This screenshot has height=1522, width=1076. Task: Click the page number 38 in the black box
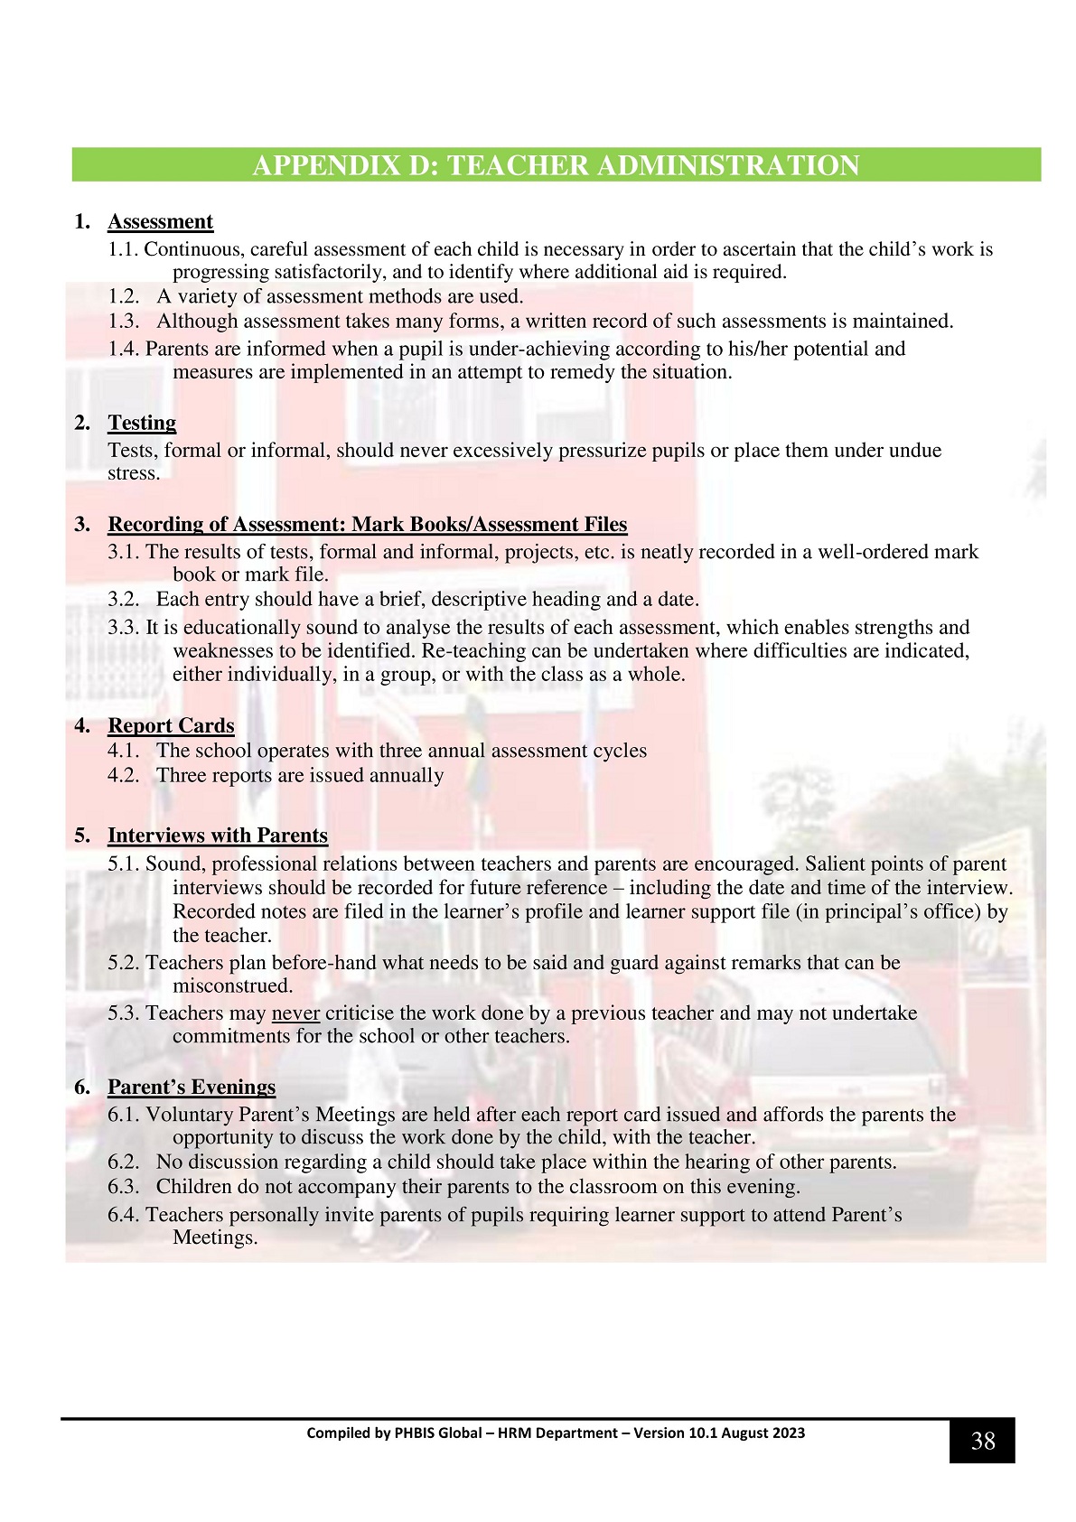[982, 1441]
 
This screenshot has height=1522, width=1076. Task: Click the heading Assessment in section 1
[160, 222]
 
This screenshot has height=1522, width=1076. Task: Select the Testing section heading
[142, 424]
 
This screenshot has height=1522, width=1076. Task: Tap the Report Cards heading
[171, 726]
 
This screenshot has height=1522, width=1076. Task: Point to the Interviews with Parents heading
[217, 836]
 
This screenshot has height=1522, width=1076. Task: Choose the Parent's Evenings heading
[192, 1088]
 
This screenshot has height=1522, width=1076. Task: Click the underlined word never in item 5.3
[295, 1013]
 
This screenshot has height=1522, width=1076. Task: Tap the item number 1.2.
[124, 297]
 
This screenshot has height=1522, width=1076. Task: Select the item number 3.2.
[124, 600]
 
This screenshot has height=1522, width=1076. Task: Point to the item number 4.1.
[124, 752]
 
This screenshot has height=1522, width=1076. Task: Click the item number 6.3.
[124, 1187]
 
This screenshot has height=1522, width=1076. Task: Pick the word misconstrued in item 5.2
[233, 986]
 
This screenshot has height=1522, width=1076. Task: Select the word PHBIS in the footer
[415, 1433]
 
